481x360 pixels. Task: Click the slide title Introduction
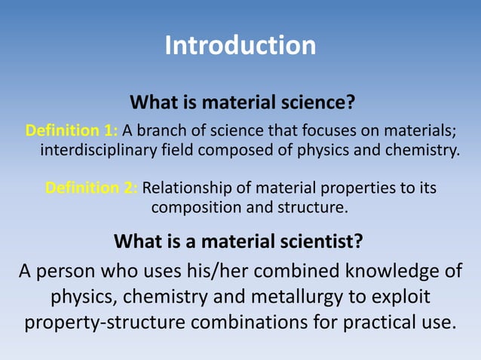click(240, 45)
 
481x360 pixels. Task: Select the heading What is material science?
click(242, 102)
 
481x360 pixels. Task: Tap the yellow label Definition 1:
click(72, 129)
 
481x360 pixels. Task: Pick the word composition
click(190, 206)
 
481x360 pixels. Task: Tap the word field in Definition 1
click(180, 148)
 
